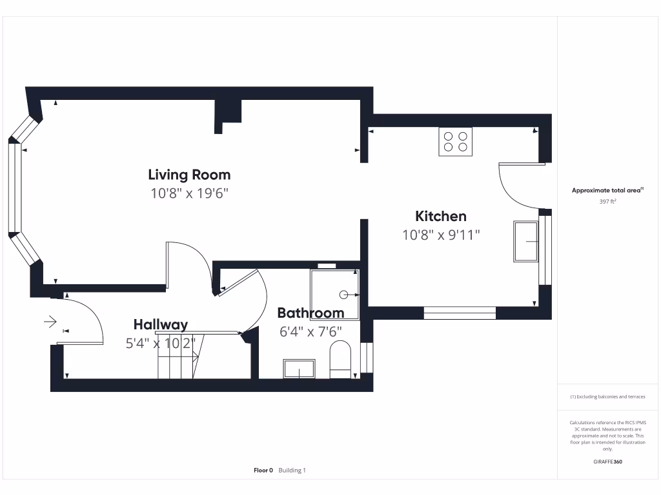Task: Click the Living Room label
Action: (x=189, y=175)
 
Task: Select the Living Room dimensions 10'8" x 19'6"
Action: (x=190, y=193)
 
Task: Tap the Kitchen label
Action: (x=440, y=217)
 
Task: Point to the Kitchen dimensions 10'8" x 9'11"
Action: (x=441, y=235)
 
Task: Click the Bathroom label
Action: (x=310, y=313)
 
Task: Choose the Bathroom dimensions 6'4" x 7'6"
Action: (x=310, y=331)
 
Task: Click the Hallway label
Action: (x=161, y=325)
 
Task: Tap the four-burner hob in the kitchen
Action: (x=456, y=141)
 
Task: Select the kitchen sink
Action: (x=526, y=241)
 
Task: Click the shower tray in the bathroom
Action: (x=334, y=286)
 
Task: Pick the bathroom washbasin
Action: (x=299, y=369)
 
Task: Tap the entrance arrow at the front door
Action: (x=50, y=320)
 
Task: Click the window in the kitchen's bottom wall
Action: (x=459, y=313)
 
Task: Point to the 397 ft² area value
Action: (x=607, y=202)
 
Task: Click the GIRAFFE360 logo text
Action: (x=607, y=461)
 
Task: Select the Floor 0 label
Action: (x=263, y=471)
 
